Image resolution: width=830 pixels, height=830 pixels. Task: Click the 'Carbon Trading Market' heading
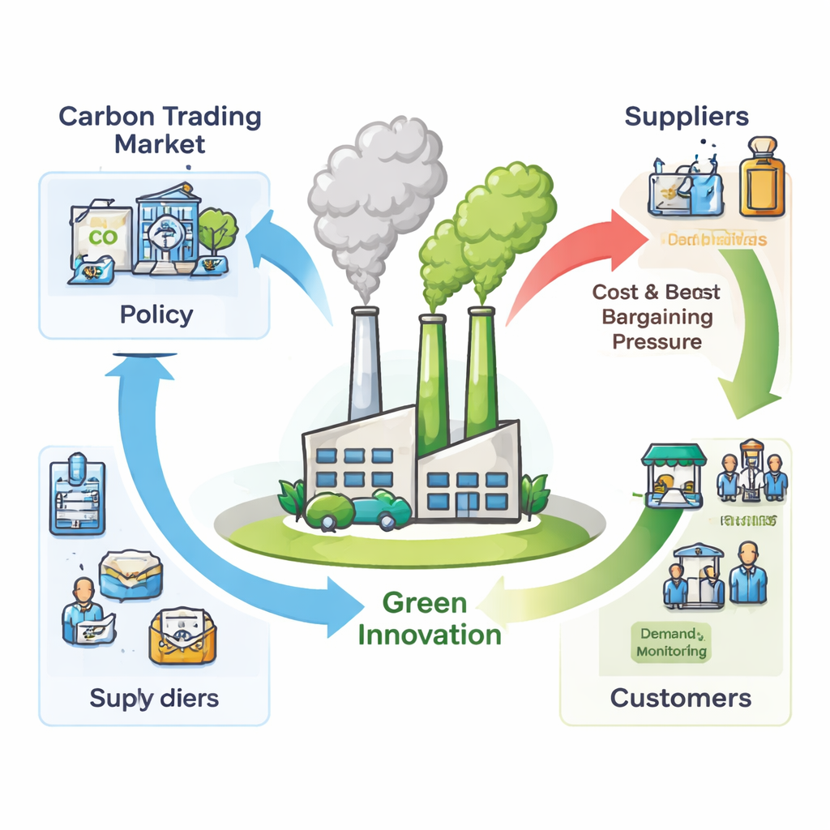click(x=160, y=130)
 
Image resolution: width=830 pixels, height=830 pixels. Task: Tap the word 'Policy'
click(x=156, y=314)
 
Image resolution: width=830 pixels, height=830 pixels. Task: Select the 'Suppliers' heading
click(x=687, y=116)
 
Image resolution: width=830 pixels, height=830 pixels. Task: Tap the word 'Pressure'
click(x=657, y=341)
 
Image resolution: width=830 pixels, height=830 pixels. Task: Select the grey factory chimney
click(x=365, y=365)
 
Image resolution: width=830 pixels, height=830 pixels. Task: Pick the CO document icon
click(x=102, y=237)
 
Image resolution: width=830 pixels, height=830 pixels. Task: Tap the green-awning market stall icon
click(x=672, y=474)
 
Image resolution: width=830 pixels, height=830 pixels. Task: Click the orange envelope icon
click(x=181, y=636)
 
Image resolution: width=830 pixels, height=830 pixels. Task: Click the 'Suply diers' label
click(x=154, y=698)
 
